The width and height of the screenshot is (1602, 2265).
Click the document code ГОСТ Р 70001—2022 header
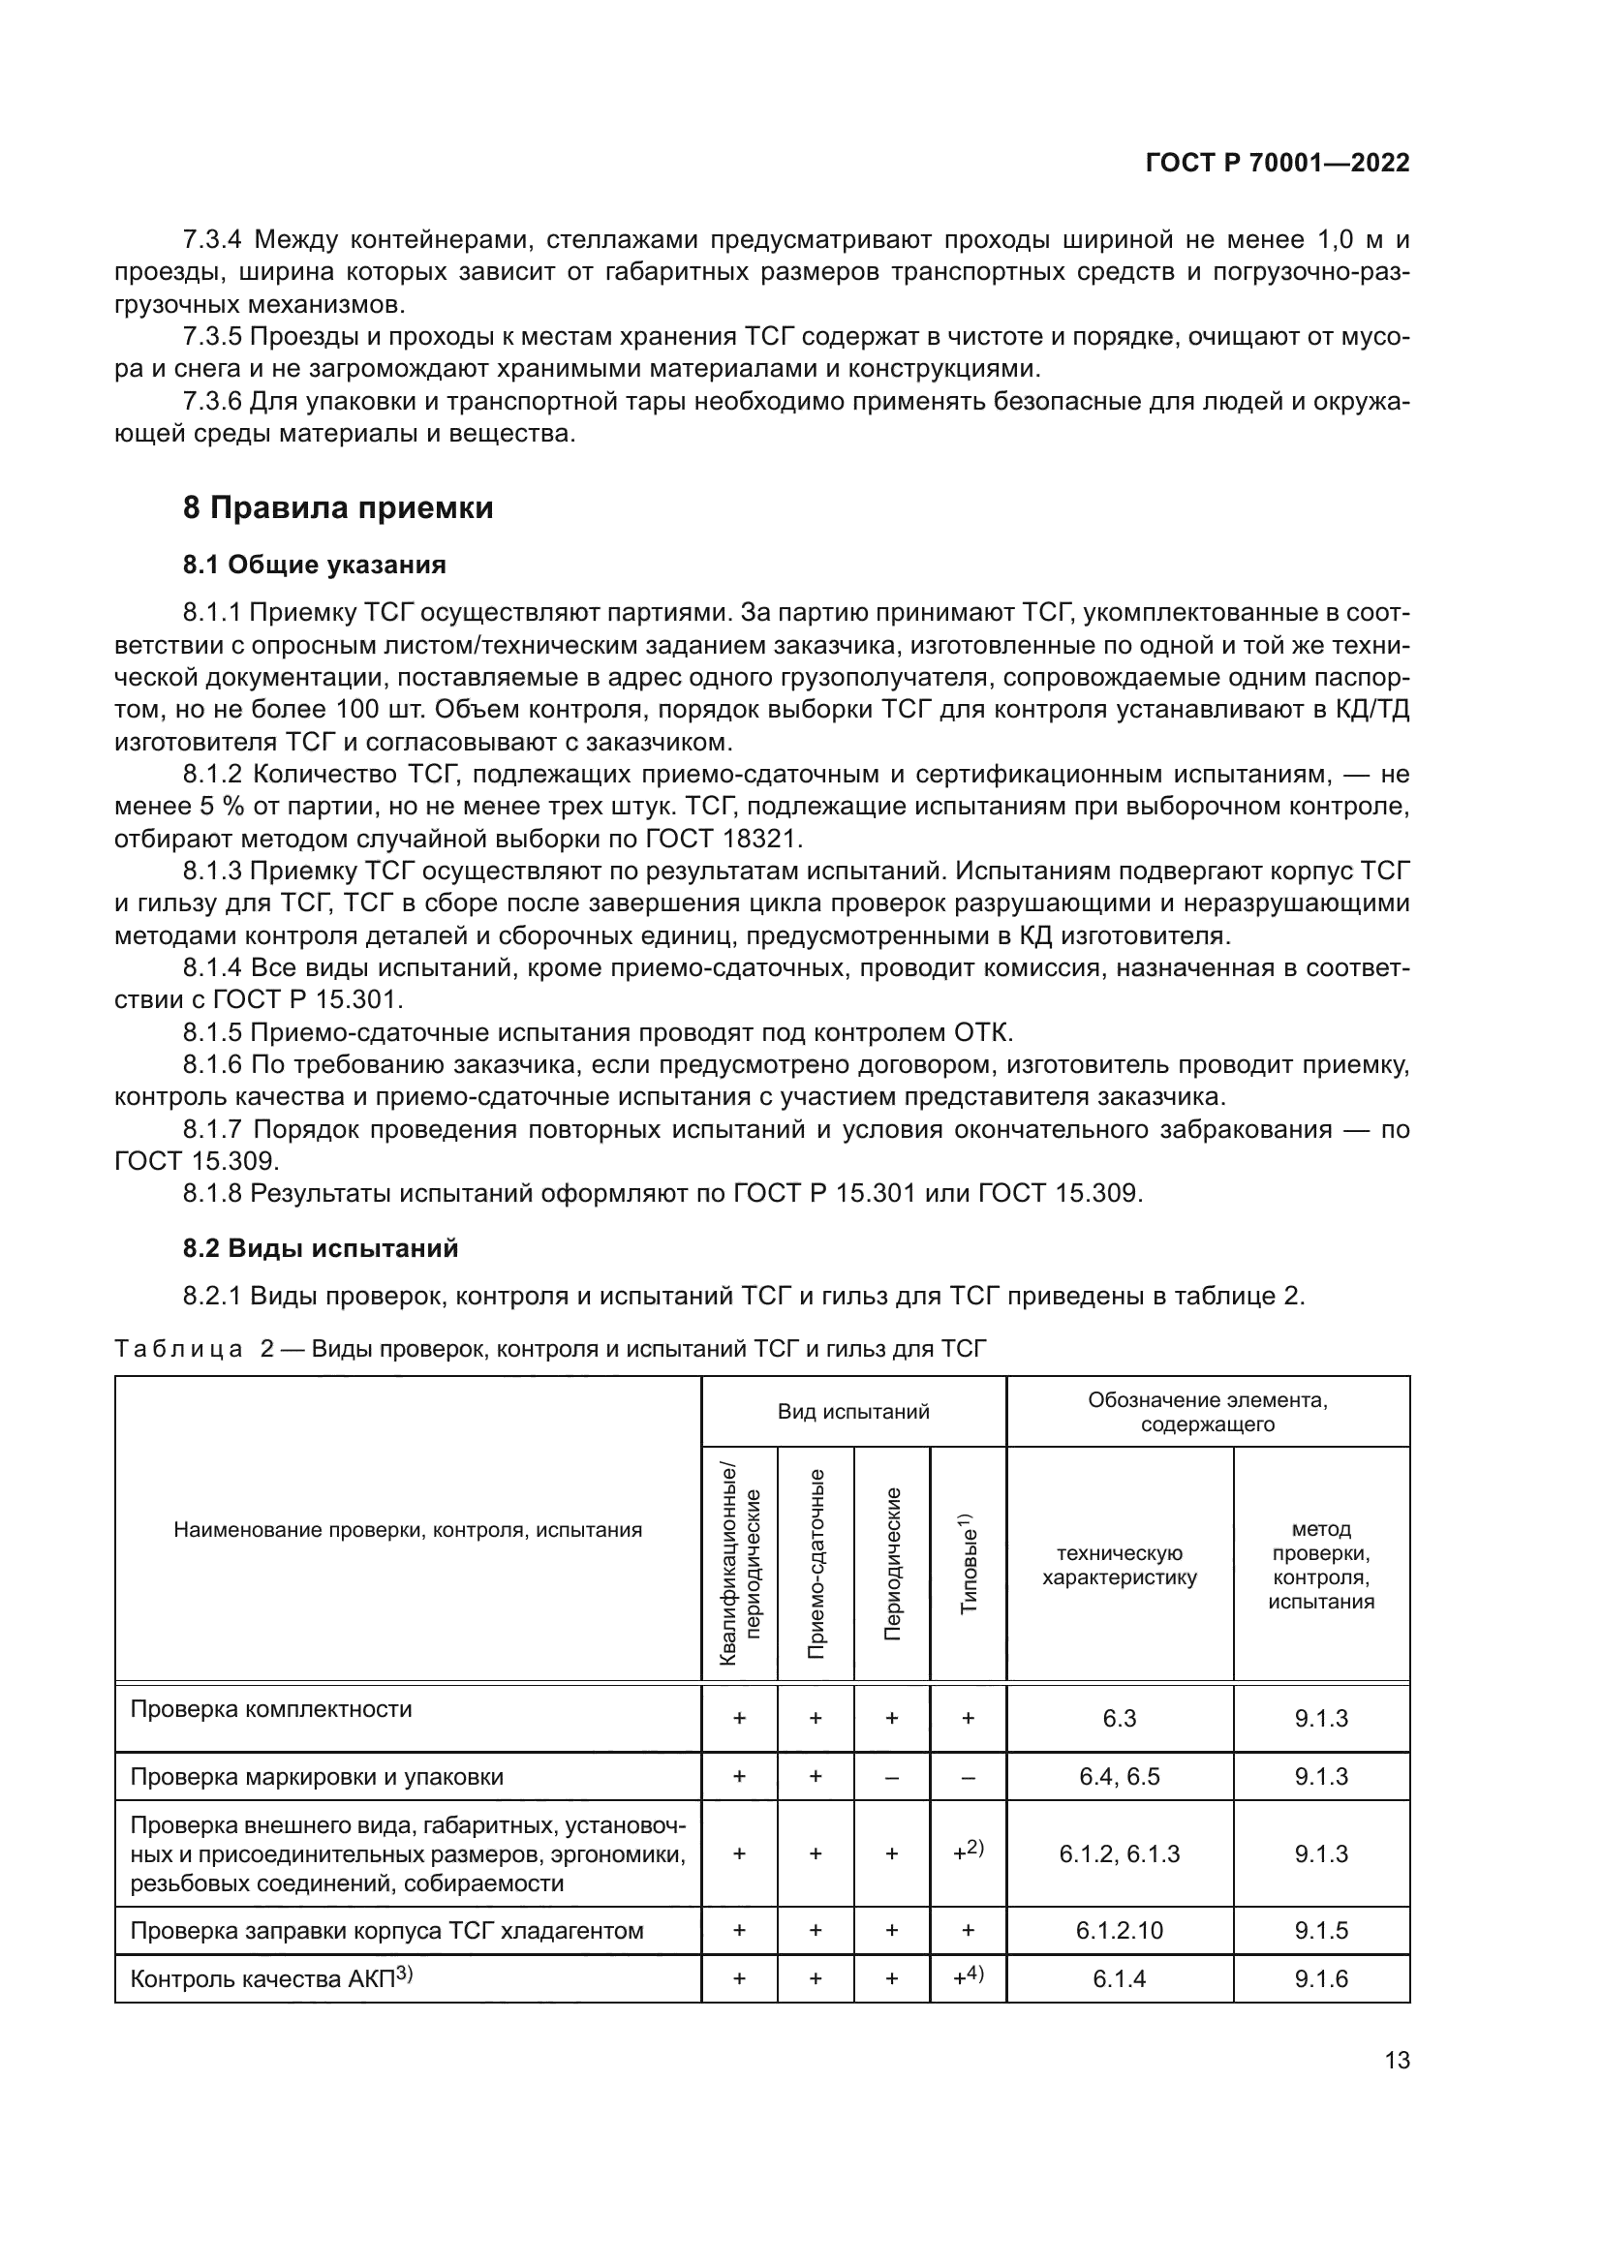(1278, 164)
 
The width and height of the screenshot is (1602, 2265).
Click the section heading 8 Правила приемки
(337, 508)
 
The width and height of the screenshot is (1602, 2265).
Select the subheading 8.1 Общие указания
(314, 566)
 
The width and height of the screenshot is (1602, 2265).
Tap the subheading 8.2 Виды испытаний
(321, 1248)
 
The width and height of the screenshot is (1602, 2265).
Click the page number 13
(1397, 2060)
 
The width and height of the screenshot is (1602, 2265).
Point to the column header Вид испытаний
(853, 1412)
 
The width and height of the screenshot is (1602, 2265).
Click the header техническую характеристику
(1120, 1565)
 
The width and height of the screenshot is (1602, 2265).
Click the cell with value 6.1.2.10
(1120, 1931)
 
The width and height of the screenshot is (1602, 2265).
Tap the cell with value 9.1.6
(1321, 1979)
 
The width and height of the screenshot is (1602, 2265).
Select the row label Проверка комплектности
(271, 1709)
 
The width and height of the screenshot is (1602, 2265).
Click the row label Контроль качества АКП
(271, 1979)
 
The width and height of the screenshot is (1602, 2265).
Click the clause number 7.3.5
(212, 337)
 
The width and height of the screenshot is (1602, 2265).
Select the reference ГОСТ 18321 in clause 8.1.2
(724, 840)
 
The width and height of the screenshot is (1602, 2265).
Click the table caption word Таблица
(178, 1349)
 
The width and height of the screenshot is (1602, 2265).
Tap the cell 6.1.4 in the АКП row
(1120, 1979)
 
